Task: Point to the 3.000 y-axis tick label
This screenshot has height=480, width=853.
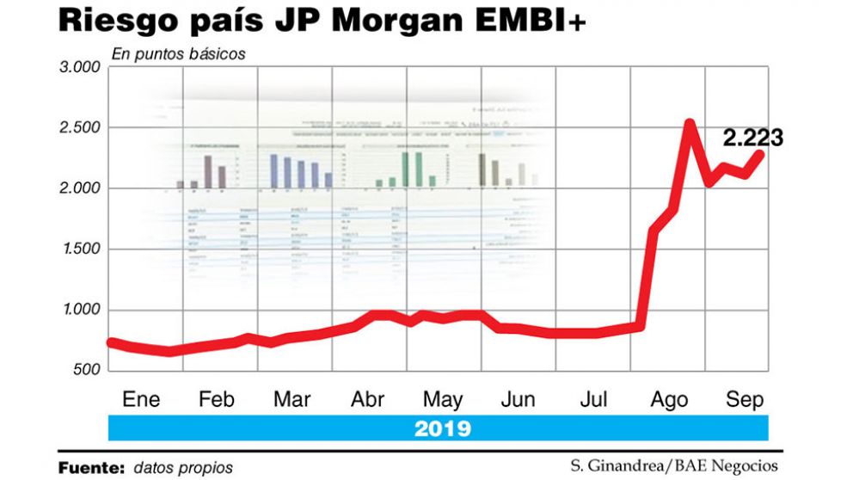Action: pyautogui.click(x=78, y=67)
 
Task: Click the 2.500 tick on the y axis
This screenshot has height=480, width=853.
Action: pyautogui.click(x=78, y=128)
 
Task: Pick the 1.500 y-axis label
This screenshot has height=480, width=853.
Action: pyautogui.click(x=78, y=249)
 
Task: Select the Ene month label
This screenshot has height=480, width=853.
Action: pyautogui.click(x=141, y=400)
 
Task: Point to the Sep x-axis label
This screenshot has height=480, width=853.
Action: pyautogui.click(x=744, y=400)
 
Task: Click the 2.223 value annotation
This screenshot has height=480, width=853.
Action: pyautogui.click(x=752, y=138)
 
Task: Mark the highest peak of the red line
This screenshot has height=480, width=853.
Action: pyautogui.click(x=690, y=124)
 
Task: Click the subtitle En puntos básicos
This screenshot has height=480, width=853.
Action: pyautogui.click(x=179, y=53)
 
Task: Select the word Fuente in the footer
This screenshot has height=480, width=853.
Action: pyautogui.click(x=91, y=467)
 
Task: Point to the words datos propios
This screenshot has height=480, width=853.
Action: pyautogui.click(x=183, y=467)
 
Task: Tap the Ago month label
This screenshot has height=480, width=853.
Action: pyautogui.click(x=669, y=400)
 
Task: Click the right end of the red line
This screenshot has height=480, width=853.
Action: pyautogui.click(x=760, y=155)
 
